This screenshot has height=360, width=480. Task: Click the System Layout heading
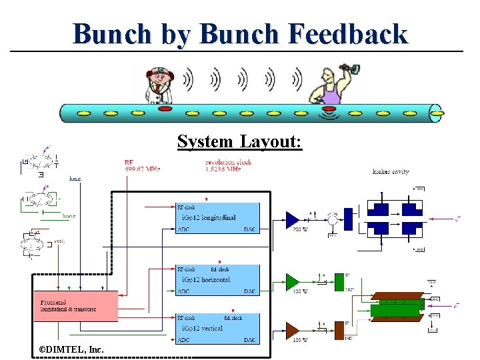pos(239,141)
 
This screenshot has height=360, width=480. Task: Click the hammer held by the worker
pos(345,69)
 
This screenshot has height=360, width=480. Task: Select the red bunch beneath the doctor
pos(165,109)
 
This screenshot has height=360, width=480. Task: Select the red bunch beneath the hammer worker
pos(329,109)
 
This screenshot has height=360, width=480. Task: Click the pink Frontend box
pos(75,305)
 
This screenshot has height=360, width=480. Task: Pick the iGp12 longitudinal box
pos(217,217)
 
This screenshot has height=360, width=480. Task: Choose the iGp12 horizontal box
pos(217,279)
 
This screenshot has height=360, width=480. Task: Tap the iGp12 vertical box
pos(217,328)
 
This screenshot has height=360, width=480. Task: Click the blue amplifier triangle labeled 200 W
pos(292,218)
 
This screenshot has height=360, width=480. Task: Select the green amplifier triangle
pos(292,281)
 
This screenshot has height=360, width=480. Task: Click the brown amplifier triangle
pos(292,329)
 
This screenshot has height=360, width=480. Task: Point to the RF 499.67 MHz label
pos(142,166)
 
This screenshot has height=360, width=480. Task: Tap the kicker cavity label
pos(391,172)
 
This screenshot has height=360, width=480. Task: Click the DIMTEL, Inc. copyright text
pos(67,349)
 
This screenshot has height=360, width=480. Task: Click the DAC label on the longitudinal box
pos(249,229)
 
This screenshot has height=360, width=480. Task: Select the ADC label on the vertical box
pos(183,340)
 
